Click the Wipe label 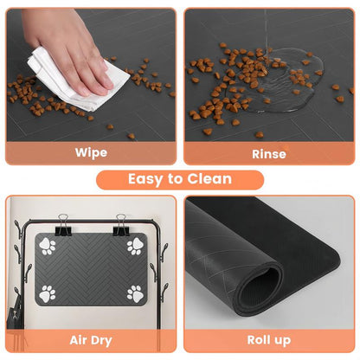click(90, 152)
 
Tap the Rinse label click(268, 153)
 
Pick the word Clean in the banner click(209, 179)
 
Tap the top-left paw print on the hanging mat click(48, 247)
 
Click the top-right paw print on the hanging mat click(135, 247)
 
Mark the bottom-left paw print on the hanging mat click(48, 293)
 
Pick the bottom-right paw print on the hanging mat click(135, 293)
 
